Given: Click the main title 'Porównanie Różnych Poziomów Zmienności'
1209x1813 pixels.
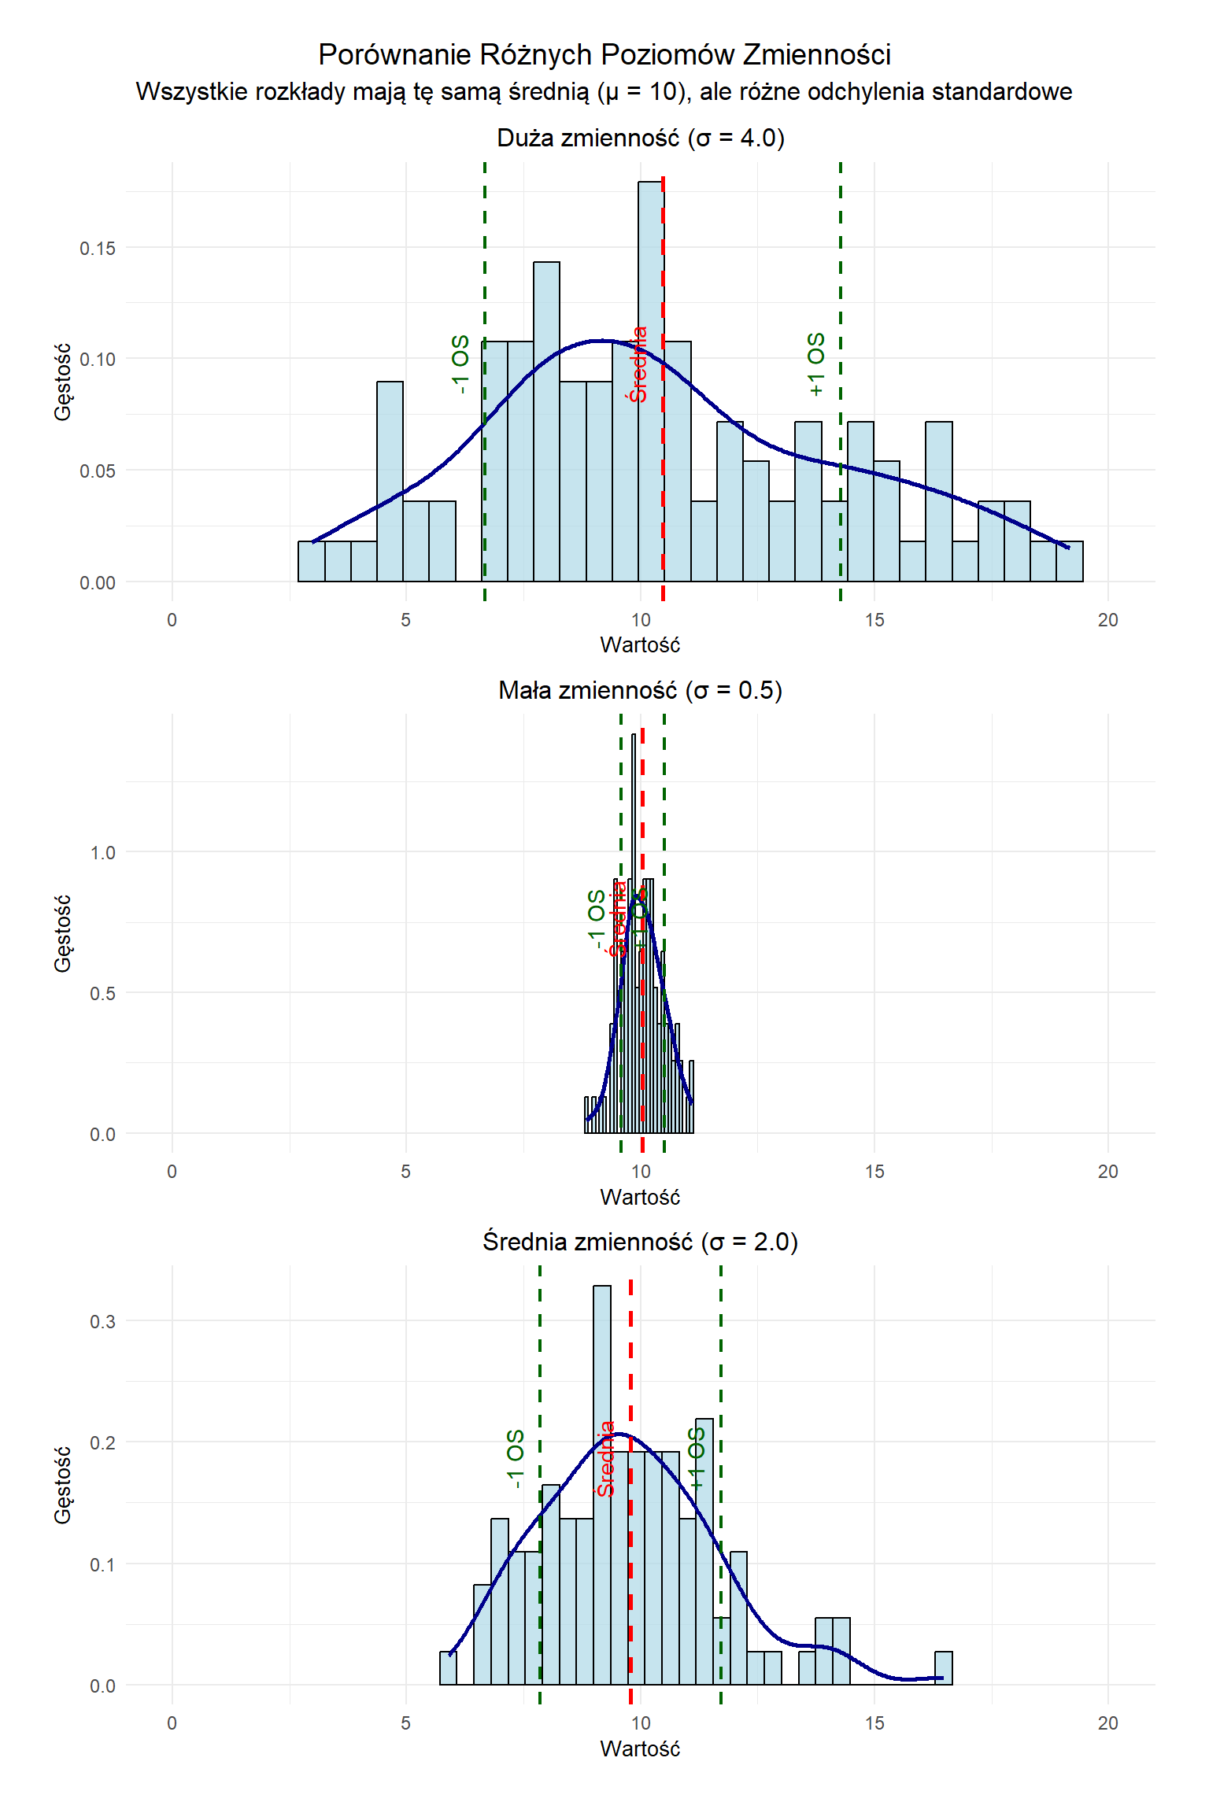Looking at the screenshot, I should [604, 55].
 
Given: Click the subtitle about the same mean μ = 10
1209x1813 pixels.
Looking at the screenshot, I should [604, 92].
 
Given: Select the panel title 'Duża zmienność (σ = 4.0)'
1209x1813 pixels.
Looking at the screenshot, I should [640, 138].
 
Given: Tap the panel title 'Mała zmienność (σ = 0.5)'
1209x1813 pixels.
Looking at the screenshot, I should [640, 690].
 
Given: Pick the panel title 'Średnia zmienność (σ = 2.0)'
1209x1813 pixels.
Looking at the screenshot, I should [640, 1242].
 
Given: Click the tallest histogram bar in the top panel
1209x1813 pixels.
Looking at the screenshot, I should [650, 378].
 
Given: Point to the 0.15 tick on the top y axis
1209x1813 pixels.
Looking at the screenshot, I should [97, 249].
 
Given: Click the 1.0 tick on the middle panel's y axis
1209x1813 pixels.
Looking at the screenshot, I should [102, 853].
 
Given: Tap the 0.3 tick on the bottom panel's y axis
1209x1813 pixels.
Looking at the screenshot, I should [102, 1321].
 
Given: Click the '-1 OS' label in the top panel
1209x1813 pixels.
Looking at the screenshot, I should [460, 364].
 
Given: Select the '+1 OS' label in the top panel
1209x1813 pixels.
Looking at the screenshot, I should [816, 364].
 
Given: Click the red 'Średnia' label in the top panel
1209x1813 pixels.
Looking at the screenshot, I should [638, 364].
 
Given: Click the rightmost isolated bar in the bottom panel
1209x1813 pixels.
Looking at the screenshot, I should [944, 1667].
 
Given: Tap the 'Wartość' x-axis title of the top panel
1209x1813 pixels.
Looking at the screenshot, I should [640, 645].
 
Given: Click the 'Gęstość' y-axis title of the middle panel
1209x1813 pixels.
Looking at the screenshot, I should [63, 933].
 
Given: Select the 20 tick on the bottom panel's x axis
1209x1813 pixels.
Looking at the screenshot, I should [1107, 1723].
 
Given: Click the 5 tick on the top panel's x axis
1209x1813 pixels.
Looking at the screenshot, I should [405, 620].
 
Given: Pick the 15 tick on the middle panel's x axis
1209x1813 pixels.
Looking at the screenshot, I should [874, 1172].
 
